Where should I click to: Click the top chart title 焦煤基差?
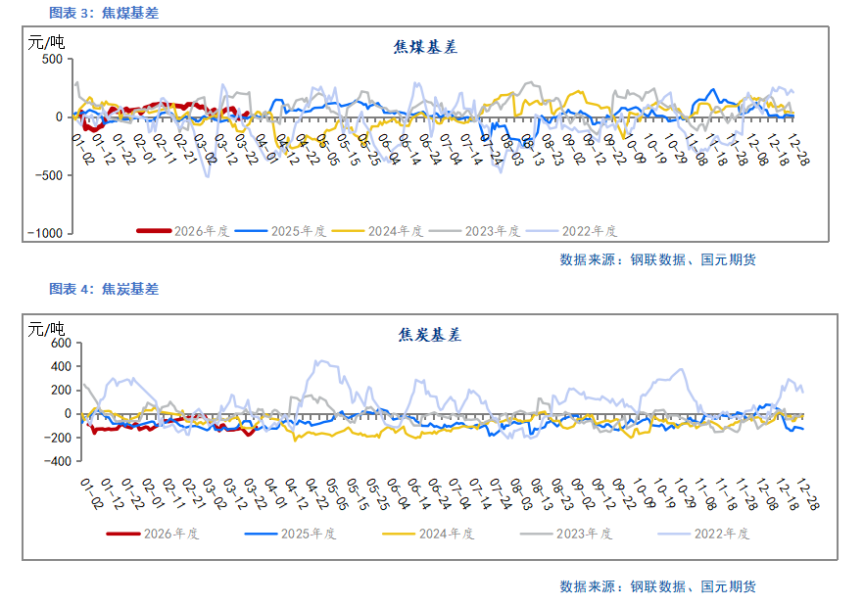click(425, 46)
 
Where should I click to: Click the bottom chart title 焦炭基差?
click(429, 335)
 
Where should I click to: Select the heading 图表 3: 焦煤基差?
click(104, 13)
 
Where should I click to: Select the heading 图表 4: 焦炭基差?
click(104, 289)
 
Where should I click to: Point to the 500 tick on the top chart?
click(51, 60)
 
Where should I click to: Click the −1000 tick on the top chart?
click(45, 234)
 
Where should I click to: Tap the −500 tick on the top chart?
click(48, 175)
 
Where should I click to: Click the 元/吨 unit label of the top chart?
click(46, 42)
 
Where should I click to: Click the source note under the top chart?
click(657, 259)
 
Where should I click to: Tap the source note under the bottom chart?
click(657, 586)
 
